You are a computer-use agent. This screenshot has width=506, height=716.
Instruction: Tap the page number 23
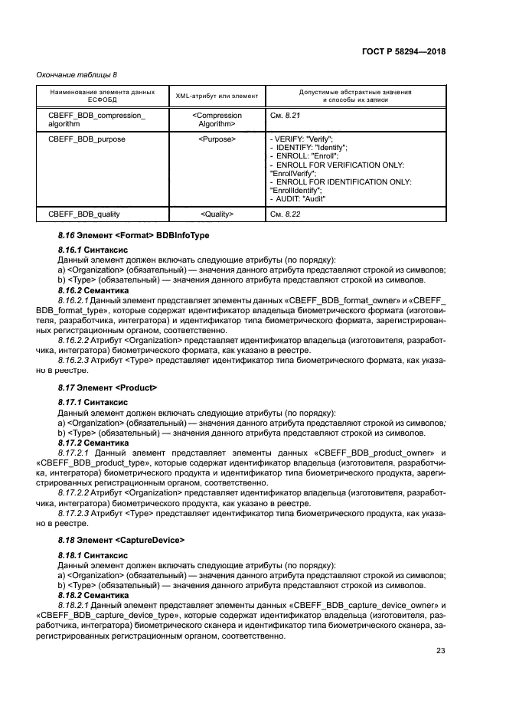(x=440, y=651)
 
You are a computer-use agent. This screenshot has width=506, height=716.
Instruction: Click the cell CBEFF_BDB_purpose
(x=87, y=139)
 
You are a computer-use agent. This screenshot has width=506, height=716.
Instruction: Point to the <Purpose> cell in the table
(x=217, y=139)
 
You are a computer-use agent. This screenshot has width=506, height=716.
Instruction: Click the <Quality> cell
(x=217, y=214)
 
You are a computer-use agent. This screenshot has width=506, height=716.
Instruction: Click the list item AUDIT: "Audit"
(x=299, y=198)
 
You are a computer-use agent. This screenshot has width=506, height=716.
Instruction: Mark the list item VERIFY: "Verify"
(x=302, y=139)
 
